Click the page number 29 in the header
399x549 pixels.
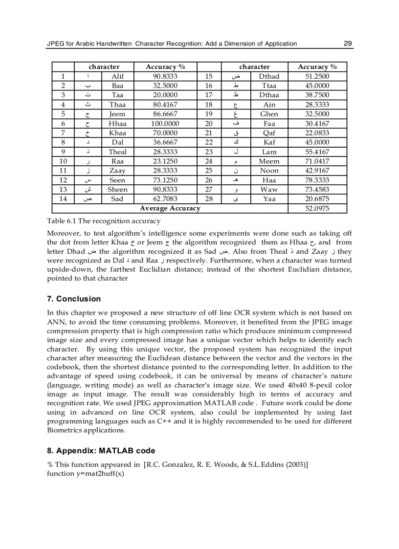[348, 44]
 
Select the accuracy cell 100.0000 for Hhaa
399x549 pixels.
[165, 124]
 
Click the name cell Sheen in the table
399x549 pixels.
[117, 190]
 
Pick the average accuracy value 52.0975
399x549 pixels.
[317, 209]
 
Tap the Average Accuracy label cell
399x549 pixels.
[170, 209]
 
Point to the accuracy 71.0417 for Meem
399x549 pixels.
[317, 161]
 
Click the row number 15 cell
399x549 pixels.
[209, 77]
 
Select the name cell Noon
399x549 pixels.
[269, 171]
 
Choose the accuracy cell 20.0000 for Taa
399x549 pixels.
[165, 95]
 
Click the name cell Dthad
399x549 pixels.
[269, 77]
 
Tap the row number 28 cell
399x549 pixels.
[209, 199]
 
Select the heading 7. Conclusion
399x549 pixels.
[74, 299]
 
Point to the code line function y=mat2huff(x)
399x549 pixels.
[85, 474]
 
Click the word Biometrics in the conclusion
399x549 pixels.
[66, 430]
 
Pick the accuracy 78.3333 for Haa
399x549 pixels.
[317, 180]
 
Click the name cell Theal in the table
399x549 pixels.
[117, 152]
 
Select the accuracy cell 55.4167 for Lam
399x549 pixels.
[317, 152]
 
